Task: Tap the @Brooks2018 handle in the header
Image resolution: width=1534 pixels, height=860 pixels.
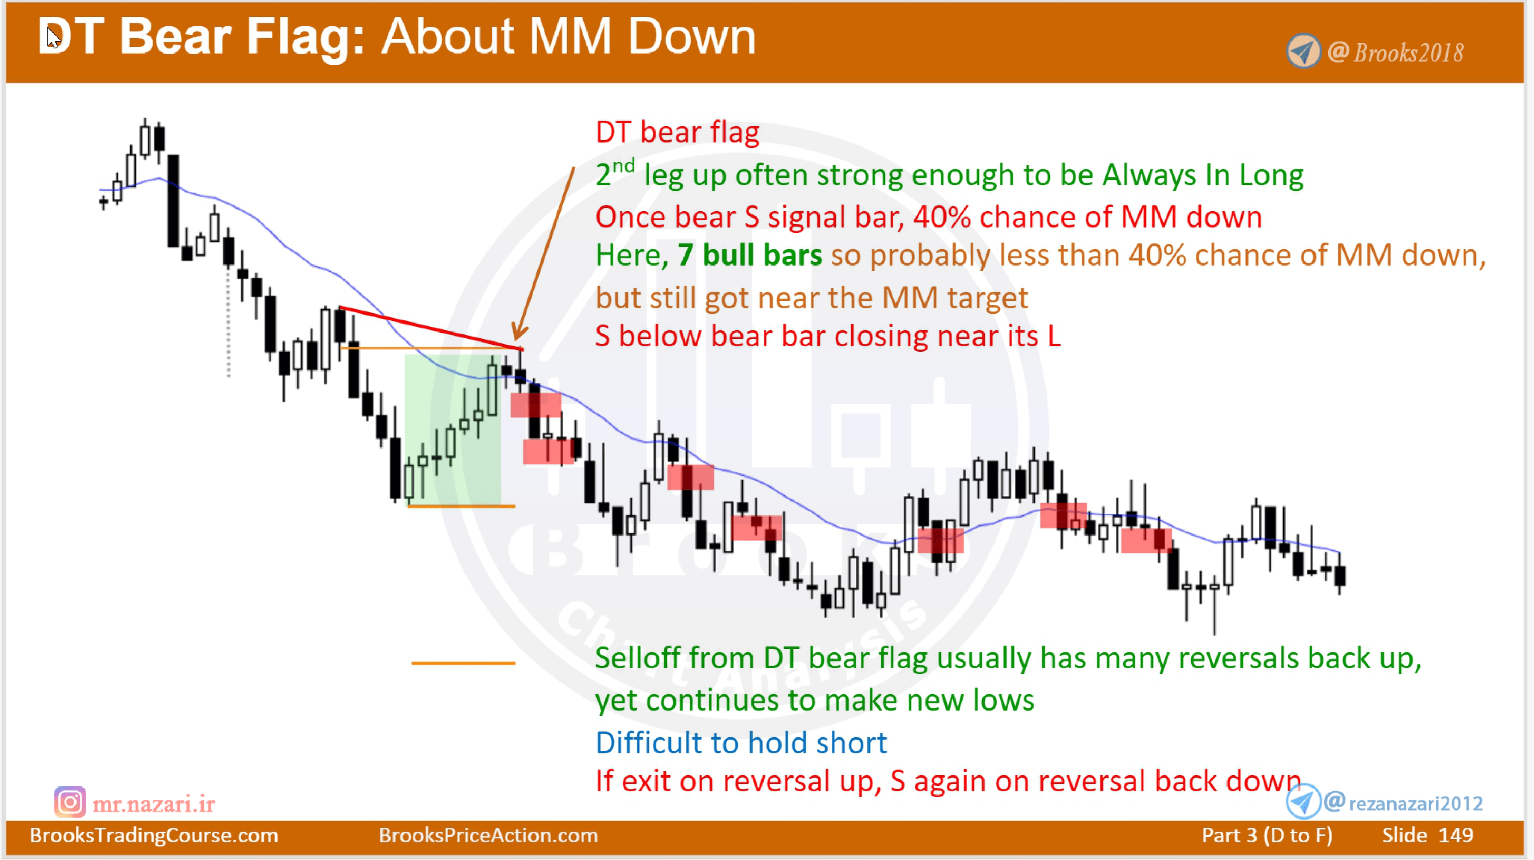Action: click(x=1397, y=52)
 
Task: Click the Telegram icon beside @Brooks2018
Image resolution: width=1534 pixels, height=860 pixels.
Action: click(x=1304, y=51)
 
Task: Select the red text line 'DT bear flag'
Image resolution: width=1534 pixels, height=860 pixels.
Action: click(x=677, y=132)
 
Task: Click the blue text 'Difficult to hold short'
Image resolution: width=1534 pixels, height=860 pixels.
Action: click(x=741, y=743)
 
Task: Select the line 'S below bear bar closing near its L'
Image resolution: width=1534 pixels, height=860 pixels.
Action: click(x=828, y=336)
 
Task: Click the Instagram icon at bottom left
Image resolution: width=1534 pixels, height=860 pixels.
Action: click(x=70, y=802)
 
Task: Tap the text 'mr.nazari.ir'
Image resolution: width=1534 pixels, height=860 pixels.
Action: click(x=154, y=804)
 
